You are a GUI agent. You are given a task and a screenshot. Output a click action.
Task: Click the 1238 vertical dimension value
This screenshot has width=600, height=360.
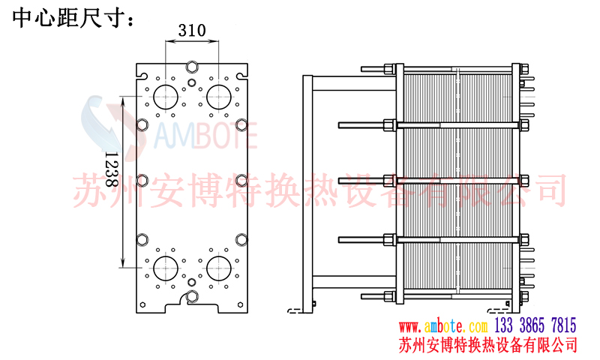[x=109, y=169]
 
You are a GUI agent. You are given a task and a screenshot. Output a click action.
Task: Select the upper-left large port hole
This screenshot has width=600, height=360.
[x=165, y=95]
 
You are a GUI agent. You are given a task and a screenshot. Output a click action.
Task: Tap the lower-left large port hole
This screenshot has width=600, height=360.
[x=165, y=267]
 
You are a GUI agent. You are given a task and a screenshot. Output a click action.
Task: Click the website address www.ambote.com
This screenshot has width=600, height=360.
[x=442, y=326]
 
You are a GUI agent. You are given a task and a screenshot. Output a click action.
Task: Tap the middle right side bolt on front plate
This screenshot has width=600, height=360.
[x=241, y=181]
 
